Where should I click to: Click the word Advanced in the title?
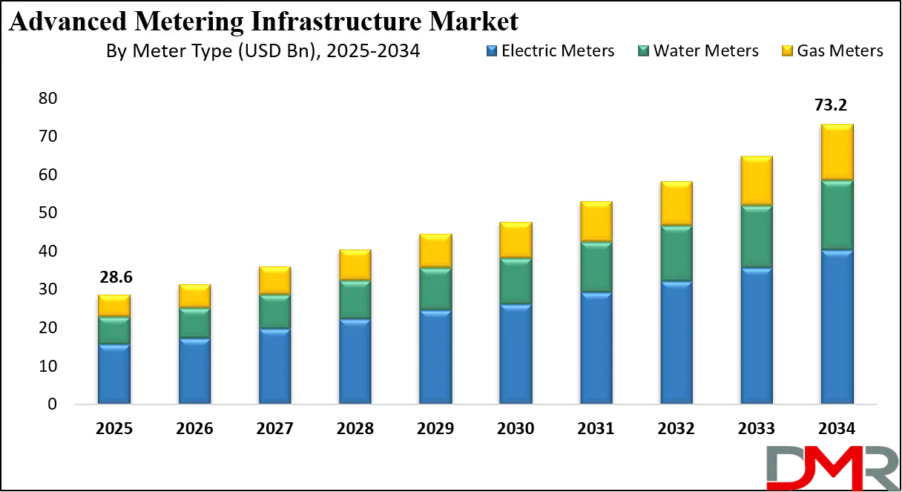60,22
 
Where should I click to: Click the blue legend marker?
492,50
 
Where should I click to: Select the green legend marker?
643,50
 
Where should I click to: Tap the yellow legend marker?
786,50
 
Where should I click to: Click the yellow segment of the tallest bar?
837,151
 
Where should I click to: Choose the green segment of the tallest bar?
837,214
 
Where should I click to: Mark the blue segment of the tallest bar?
837,327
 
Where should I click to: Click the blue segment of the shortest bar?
114,374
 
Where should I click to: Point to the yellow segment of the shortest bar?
114,305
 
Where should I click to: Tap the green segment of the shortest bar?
114,330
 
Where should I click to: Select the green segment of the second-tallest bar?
757,237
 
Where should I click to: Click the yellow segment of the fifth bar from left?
435,251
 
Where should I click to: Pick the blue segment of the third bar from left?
275,366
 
